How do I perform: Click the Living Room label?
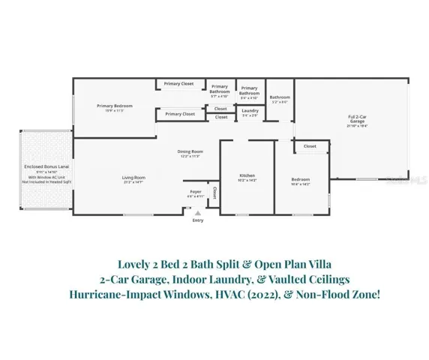(133, 178)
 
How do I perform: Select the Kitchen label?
(247, 175)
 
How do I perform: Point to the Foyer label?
(195, 191)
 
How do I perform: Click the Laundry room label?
(249, 110)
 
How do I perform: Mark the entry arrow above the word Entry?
(197, 212)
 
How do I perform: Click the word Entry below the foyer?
(197, 220)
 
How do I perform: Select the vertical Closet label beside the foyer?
(214, 191)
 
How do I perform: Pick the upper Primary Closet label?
(179, 83)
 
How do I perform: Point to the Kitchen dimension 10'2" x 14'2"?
(247, 181)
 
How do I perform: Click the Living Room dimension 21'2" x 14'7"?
(133, 183)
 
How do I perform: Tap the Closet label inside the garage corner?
(309, 146)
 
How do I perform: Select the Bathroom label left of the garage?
(280, 97)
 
